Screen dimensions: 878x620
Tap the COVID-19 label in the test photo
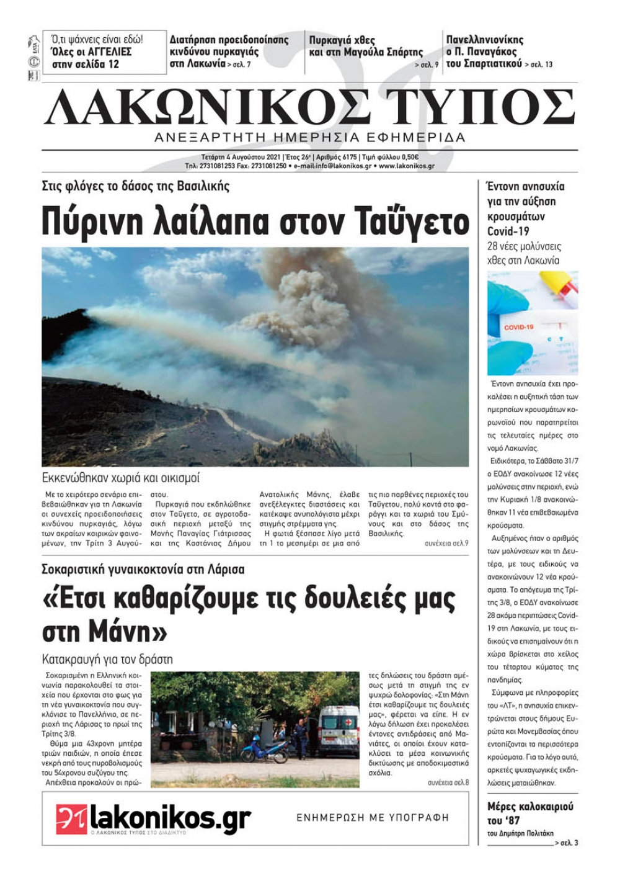(518, 327)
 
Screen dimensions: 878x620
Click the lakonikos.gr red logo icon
(71, 819)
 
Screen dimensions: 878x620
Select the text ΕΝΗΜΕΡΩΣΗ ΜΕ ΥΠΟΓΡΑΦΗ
(373, 818)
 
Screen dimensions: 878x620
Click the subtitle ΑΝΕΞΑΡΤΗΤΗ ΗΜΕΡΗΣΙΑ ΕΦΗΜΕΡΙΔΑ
(310, 137)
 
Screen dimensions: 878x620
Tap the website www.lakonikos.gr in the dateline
(407, 166)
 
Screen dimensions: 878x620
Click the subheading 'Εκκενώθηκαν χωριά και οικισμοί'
(121, 478)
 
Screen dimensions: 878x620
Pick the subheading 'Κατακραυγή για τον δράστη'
(107, 659)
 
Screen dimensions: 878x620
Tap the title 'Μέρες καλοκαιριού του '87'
(530, 813)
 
